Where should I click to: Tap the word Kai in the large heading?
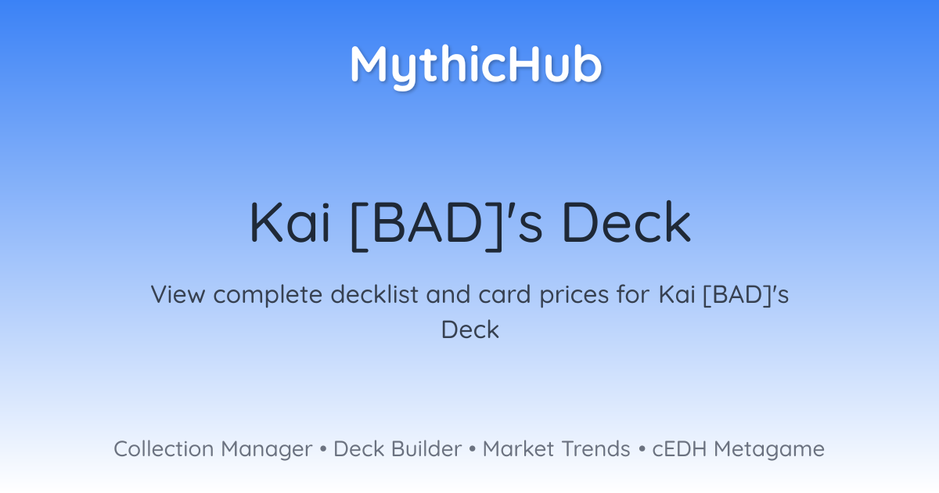click(290, 222)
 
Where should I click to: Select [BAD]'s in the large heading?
click(447, 225)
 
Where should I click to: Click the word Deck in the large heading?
click(627, 222)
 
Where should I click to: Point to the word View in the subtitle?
click(178, 294)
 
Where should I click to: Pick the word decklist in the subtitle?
click(374, 293)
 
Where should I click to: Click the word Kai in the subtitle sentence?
click(677, 294)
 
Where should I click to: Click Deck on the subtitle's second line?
click(470, 329)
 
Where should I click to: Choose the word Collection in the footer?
click(164, 448)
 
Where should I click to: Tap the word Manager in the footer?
click(267, 450)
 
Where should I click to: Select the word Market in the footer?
click(518, 448)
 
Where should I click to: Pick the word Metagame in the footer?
click(769, 450)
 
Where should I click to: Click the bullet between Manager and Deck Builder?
click(322, 449)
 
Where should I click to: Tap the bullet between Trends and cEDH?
click(642, 449)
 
